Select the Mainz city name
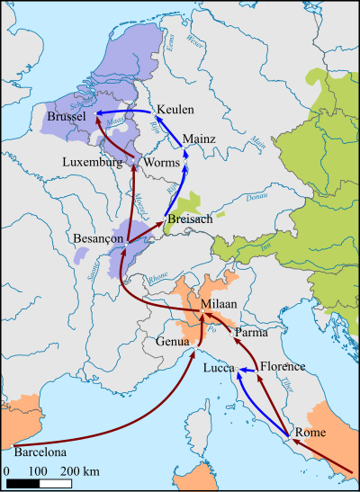pos(199,139)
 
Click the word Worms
pos(161,163)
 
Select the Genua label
pos(173,342)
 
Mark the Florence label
pos(283,366)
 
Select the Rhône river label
pos(158,279)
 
